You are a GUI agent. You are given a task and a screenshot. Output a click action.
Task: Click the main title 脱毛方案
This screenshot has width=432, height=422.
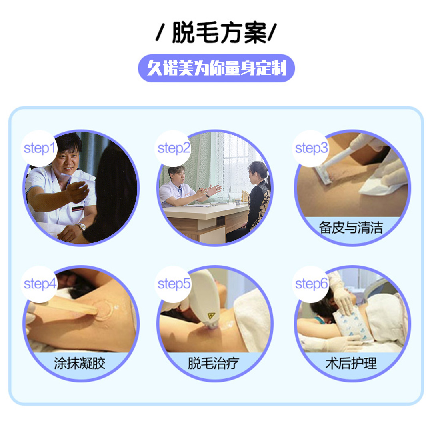[219, 33]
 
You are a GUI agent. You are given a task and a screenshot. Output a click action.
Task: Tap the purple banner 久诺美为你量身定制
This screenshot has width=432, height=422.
[216, 68]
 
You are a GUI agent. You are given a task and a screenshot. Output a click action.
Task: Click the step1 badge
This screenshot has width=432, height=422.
[39, 148]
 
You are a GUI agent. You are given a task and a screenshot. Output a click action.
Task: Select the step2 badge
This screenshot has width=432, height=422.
[174, 148]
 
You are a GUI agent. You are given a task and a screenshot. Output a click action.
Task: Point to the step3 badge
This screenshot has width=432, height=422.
[311, 148]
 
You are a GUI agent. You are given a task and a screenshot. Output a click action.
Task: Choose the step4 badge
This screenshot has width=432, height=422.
[39, 284]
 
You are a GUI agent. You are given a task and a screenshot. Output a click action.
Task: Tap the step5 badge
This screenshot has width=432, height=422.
[174, 284]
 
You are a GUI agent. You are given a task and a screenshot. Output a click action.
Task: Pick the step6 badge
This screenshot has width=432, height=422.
[311, 284]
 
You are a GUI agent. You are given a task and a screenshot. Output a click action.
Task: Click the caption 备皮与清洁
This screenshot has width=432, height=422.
[351, 228]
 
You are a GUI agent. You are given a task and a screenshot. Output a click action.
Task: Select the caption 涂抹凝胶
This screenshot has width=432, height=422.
[80, 363]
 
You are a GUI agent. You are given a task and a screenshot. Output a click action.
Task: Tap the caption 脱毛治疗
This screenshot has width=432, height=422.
[214, 363]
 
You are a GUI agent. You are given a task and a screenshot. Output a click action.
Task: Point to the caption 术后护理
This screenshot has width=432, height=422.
[351, 363]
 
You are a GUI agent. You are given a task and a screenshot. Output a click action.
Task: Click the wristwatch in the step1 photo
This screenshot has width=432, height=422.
[81, 227]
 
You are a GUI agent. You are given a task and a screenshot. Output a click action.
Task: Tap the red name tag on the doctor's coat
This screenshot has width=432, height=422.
[78, 208]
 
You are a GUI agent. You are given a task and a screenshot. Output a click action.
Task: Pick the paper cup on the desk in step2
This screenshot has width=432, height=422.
[238, 202]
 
